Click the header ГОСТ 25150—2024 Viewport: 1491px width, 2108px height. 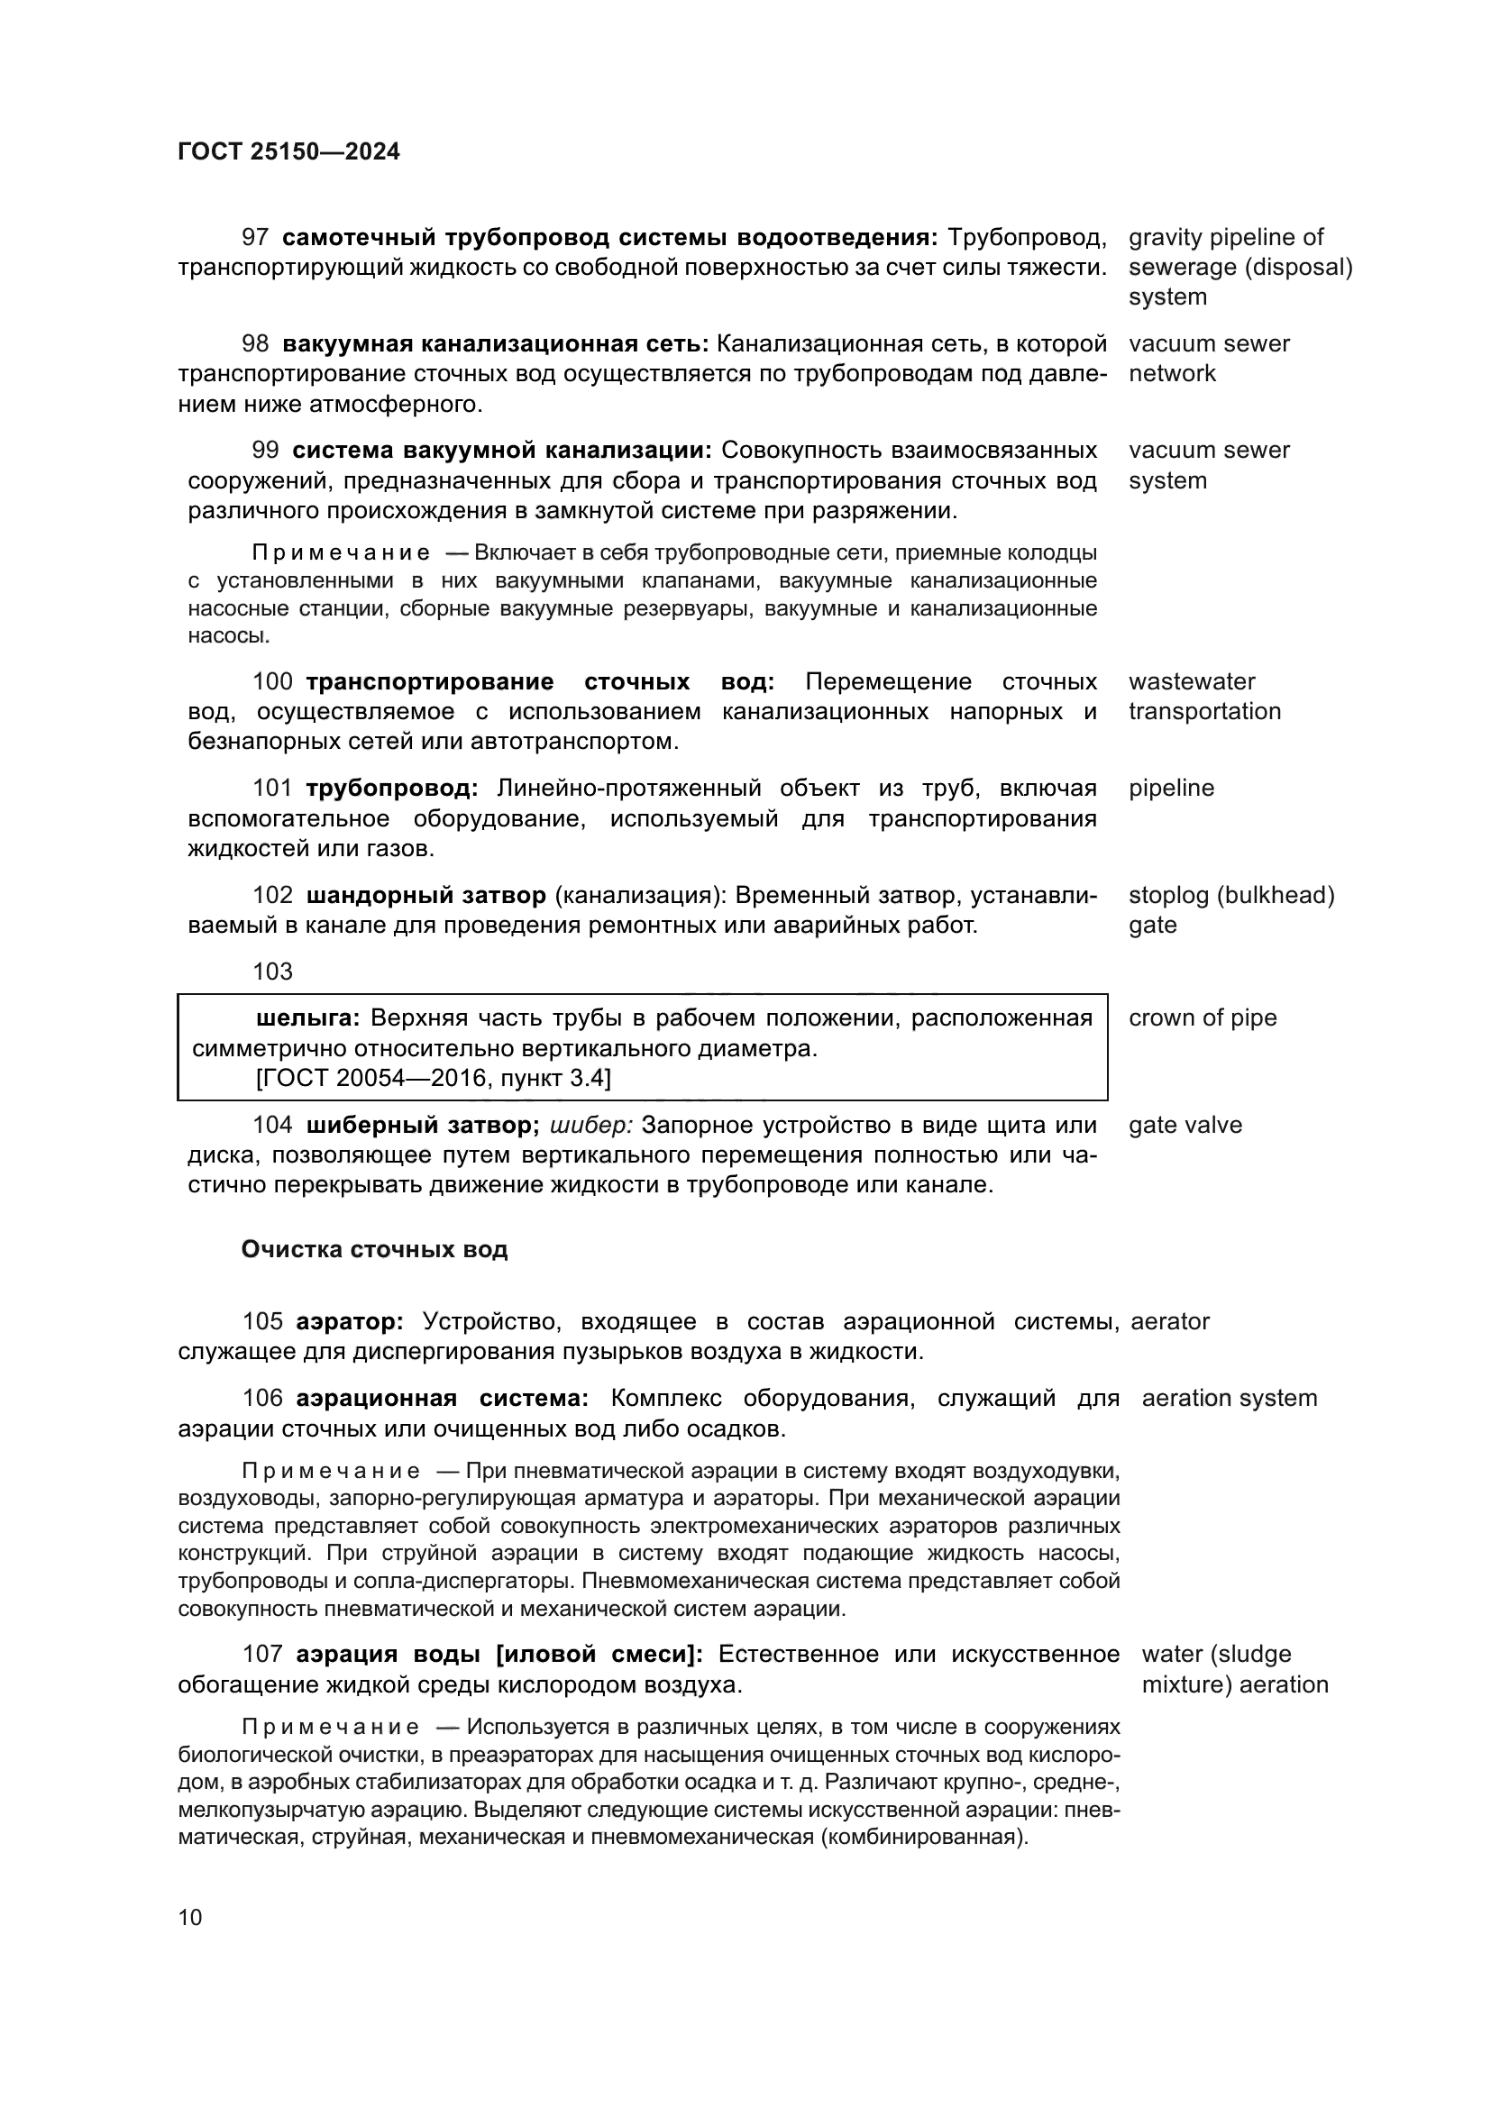click(x=288, y=151)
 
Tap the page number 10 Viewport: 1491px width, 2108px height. click(x=190, y=1917)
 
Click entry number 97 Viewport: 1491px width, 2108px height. click(x=255, y=238)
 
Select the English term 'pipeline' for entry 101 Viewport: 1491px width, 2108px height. click(x=1171, y=788)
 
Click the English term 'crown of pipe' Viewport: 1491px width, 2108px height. click(x=1202, y=1017)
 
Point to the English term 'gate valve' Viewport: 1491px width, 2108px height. click(x=1185, y=1125)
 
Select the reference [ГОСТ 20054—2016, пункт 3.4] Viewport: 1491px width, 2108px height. click(x=434, y=1078)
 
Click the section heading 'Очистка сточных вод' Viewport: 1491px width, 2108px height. click(x=374, y=1249)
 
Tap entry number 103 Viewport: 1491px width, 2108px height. click(x=272, y=972)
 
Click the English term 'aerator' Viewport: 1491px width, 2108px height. click(x=1170, y=1321)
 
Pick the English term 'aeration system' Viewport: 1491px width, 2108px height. click(x=1229, y=1399)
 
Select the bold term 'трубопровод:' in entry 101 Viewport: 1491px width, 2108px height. click(x=392, y=789)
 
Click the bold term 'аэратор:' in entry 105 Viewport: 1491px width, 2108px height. click(x=350, y=1322)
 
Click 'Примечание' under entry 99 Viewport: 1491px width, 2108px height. click(x=341, y=553)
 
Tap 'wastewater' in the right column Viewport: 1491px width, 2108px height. click(x=1191, y=681)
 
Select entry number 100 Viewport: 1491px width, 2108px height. click(x=272, y=682)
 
